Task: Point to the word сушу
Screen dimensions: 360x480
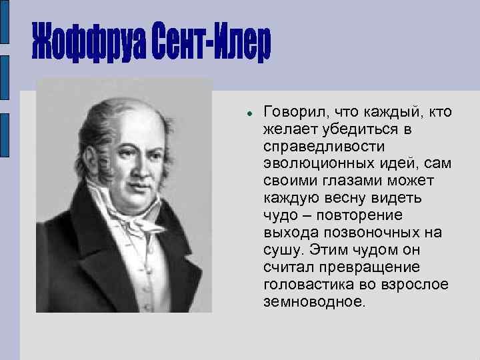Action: point(284,249)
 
